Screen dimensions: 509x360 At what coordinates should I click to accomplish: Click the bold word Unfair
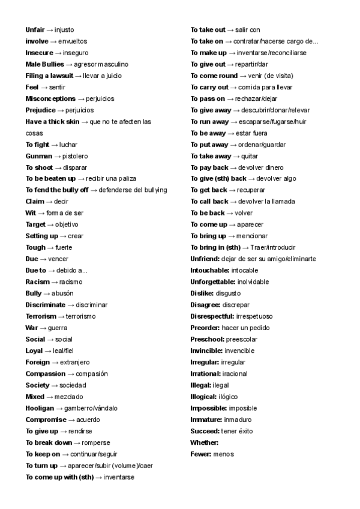[35, 29]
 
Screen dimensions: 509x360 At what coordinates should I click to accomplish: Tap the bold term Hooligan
[40, 408]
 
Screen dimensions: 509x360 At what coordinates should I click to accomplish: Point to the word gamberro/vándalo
[91, 408]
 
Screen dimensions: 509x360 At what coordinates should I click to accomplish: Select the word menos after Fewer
[223, 454]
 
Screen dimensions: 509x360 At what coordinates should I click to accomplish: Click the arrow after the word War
[43, 328]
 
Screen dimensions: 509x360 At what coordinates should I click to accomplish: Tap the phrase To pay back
[209, 167]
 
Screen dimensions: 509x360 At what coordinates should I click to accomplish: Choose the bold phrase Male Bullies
[44, 64]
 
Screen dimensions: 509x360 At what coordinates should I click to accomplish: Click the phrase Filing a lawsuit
[49, 76]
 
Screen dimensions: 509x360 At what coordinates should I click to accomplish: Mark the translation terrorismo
[81, 316]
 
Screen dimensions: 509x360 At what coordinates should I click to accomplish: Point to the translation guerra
[58, 328]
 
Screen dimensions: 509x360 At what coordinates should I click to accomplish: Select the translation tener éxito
[238, 432]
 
